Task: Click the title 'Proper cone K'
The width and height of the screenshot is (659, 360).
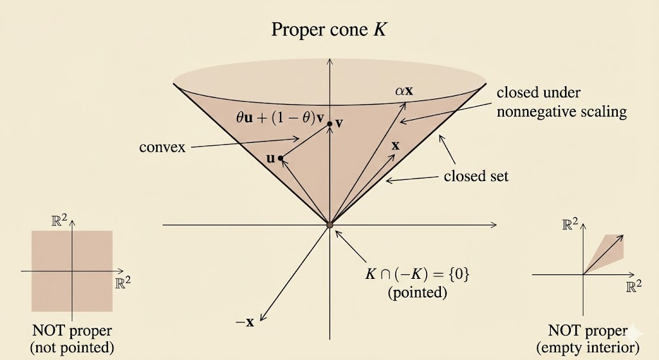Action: [x=329, y=30]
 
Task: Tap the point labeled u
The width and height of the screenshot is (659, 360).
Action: [x=281, y=158]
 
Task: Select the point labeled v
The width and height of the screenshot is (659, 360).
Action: [x=330, y=124]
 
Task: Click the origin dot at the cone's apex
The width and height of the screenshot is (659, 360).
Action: [x=330, y=225]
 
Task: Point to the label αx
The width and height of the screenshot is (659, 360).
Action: [x=404, y=90]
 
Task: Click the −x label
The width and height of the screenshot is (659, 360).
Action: [x=245, y=323]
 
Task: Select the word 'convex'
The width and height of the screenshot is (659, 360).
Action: [x=162, y=147]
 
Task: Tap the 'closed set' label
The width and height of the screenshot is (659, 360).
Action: [x=476, y=176]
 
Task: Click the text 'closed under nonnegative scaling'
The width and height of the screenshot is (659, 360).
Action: [x=561, y=102]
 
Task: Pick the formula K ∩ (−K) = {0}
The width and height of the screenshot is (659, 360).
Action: [x=417, y=274]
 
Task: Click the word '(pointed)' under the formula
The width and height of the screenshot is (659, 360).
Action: [x=417, y=292]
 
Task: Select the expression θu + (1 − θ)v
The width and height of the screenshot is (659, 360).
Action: [x=281, y=117]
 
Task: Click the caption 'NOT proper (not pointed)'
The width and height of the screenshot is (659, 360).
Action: [x=72, y=339]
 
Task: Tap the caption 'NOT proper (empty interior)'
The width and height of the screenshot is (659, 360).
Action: [x=588, y=339]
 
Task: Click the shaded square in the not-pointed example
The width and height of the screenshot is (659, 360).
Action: [x=72, y=271]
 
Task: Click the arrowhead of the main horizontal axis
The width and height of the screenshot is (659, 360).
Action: [x=494, y=225]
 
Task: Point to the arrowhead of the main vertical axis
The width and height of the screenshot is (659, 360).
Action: [x=330, y=61]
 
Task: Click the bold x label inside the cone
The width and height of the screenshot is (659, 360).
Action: [x=396, y=146]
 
